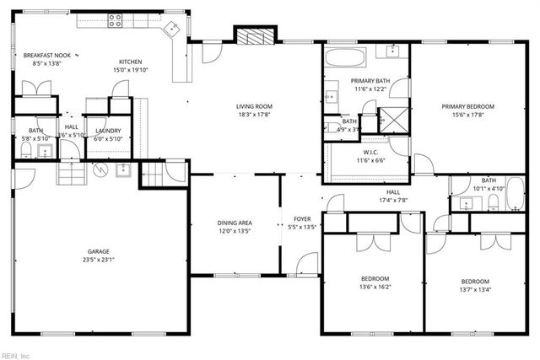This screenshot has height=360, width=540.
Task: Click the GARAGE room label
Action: [x=99, y=251]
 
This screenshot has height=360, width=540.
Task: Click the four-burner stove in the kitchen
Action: [x=115, y=21]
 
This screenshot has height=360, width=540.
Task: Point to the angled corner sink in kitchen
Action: [x=173, y=28]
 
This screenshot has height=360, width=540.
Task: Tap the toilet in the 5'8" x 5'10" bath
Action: [x=24, y=152]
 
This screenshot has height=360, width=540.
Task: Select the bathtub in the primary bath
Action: [x=345, y=59]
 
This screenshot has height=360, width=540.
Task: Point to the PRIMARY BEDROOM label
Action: [x=467, y=106]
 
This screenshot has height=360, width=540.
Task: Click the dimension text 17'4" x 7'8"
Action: [x=392, y=201]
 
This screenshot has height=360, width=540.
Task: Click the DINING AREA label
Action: [x=235, y=223]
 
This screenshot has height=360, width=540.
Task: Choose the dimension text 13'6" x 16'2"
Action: [x=375, y=287]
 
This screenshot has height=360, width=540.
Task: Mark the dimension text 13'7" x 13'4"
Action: [x=474, y=290]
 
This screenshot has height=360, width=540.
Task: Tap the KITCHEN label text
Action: [x=130, y=62]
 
